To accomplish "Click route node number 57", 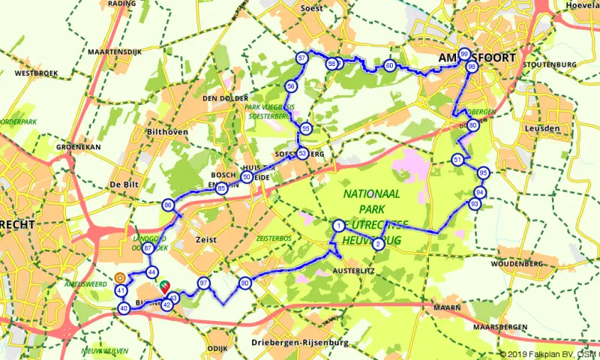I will click(301, 58).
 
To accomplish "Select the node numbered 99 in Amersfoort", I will click(464, 55).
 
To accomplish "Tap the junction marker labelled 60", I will click(389, 66).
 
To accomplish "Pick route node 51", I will click(457, 160).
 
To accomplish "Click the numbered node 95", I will click(483, 172).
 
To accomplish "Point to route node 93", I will click(475, 204).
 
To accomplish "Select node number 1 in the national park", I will click(339, 226).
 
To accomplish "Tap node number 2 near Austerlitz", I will click(379, 244).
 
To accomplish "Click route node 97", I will click(202, 283).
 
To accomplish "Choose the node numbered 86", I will click(168, 205).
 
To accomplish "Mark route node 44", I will click(152, 271).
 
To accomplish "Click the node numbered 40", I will click(124, 307).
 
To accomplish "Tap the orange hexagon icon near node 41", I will click(119, 277).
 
